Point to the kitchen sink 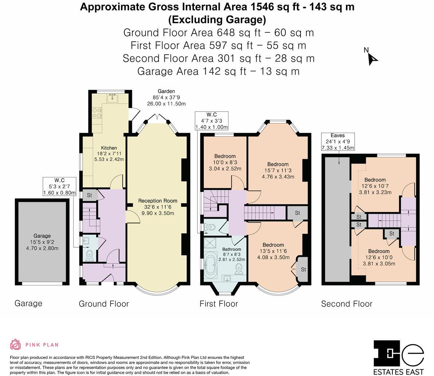point(112,98)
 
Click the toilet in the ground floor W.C point(89,256)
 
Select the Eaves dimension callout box point(338,142)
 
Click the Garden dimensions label point(166,97)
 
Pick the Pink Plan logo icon point(16,344)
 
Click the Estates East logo point(399,357)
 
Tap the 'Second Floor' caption point(347,304)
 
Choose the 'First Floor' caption point(219,304)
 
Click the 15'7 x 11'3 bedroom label point(278,171)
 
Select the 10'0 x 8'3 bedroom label point(225,162)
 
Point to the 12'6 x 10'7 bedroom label point(375,186)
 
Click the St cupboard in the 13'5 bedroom point(303,270)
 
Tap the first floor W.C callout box point(212,121)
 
